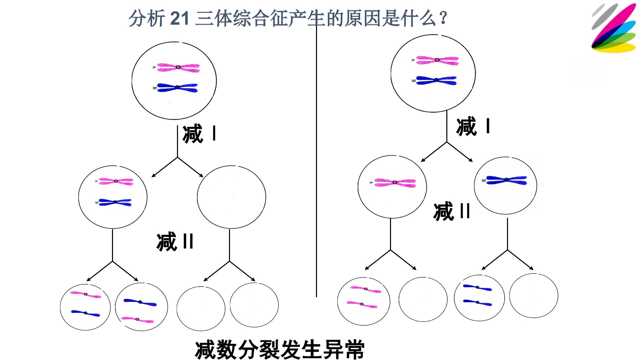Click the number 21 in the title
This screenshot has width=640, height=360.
click(x=180, y=18)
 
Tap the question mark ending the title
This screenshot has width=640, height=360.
click(x=443, y=18)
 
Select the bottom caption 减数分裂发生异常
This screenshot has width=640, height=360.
click(x=279, y=349)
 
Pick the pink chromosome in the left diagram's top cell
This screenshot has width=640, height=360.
click(x=178, y=67)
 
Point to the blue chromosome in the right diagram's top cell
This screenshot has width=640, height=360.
click(x=436, y=80)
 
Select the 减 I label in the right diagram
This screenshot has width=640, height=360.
click(x=473, y=126)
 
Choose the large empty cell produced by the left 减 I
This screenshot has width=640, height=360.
click(x=231, y=197)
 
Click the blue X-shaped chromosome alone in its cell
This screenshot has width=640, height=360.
click(x=506, y=180)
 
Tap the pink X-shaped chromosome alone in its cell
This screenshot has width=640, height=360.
click(x=395, y=183)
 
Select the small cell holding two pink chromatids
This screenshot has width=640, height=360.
click(x=364, y=301)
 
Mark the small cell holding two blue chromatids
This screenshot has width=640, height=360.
click(x=479, y=297)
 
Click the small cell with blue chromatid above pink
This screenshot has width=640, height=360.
click(x=141, y=307)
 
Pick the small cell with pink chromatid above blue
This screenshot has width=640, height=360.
click(x=85, y=307)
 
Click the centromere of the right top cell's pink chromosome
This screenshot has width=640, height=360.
click(x=437, y=60)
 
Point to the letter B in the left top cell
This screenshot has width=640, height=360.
click(x=154, y=88)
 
